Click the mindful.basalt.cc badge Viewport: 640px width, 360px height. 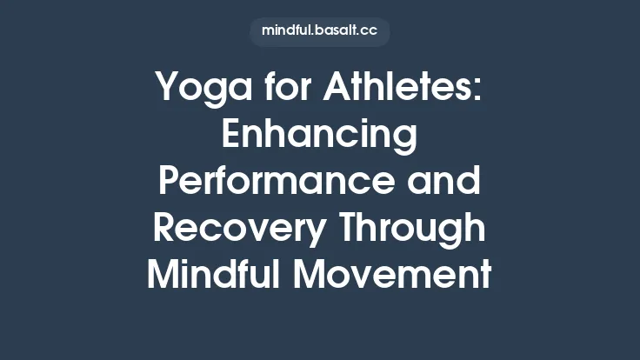tap(319, 31)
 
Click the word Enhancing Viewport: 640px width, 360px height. tap(319, 137)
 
